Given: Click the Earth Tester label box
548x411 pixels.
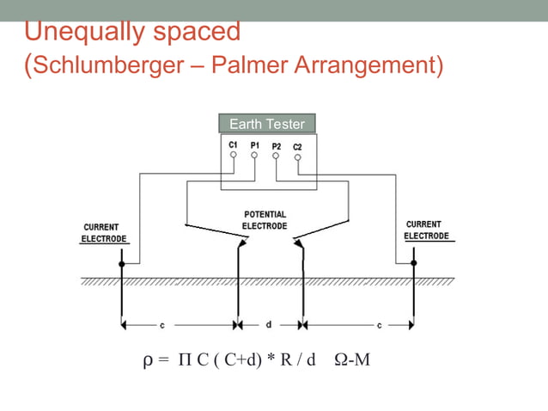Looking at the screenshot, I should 267,124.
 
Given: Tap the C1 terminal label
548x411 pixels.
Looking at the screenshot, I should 234,145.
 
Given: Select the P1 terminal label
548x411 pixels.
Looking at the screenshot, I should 255,145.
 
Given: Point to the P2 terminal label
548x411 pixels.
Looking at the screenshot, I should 277,146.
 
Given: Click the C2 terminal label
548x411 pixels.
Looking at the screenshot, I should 297,146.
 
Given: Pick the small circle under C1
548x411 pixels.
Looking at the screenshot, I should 234,156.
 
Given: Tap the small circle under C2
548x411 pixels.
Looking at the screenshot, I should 297,156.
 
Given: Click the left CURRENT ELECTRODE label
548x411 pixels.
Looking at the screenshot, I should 104,232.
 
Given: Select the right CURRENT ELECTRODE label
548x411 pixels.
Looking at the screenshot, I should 426,230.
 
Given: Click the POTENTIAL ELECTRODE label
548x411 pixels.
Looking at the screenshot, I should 265,220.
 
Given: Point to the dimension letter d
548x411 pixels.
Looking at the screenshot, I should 269,325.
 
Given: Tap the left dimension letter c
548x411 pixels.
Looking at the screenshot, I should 162,325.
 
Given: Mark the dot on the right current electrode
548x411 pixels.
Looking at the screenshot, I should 414,263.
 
